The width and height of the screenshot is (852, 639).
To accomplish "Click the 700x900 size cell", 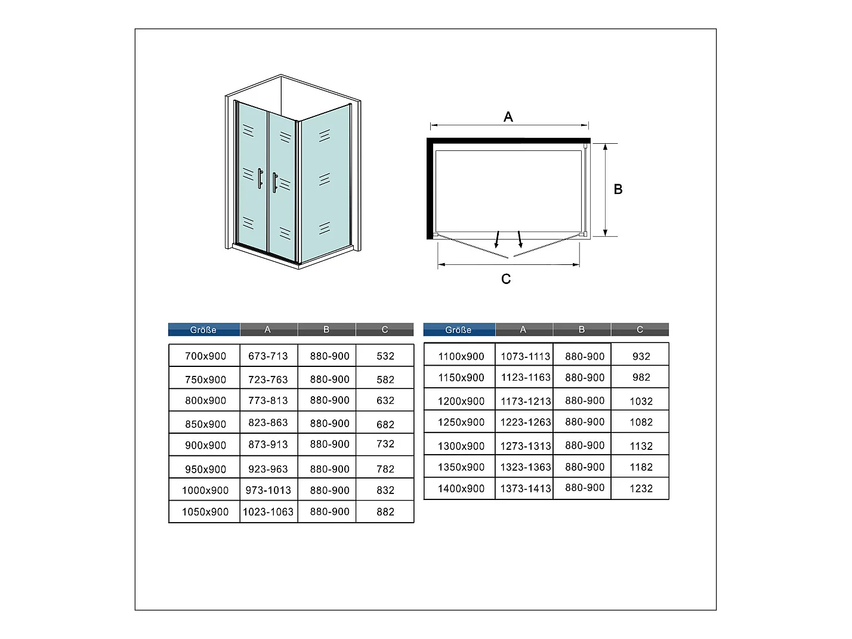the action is (205, 356).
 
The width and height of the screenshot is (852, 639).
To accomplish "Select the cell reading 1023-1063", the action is (268, 512).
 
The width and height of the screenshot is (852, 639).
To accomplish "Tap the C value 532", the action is (385, 356).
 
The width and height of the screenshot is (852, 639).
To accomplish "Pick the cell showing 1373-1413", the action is (525, 489).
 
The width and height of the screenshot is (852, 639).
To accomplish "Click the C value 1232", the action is (641, 489).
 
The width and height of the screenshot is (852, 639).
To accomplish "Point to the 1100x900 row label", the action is (461, 357).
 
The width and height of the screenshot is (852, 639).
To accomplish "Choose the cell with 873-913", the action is (268, 444).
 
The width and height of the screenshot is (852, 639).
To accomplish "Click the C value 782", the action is (385, 469).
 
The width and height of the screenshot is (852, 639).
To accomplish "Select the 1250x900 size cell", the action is (461, 422).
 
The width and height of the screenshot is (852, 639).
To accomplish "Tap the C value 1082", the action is (641, 422).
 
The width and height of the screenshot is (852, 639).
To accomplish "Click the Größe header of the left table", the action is (203, 330).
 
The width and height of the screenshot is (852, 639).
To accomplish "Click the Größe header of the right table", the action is (458, 330).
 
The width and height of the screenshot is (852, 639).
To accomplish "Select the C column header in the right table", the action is (640, 330).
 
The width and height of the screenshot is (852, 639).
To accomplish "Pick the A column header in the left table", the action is (267, 330).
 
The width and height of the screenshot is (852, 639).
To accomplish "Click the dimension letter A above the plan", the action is (508, 117).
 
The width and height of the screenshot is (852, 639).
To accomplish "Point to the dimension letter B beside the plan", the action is (618, 189).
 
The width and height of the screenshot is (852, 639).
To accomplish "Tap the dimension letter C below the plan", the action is (506, 279).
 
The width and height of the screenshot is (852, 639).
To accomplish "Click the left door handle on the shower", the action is (260, 178).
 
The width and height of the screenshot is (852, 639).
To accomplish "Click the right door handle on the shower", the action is (274, 183).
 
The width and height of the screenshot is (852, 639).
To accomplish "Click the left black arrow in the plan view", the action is (497, 240).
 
